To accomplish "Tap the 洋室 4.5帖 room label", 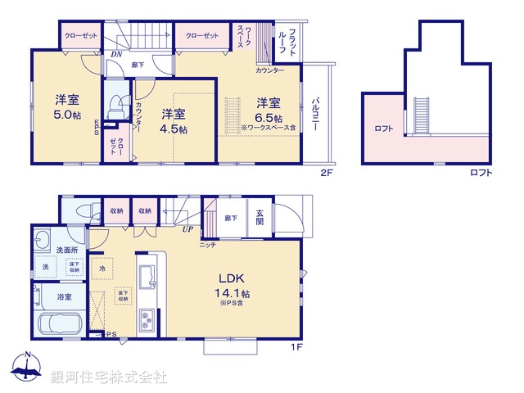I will [173, 121].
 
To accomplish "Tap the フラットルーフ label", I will [287, 41].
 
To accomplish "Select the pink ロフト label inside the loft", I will [384, 128].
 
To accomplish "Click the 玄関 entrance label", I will [260, 217].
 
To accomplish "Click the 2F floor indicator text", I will [326, 173].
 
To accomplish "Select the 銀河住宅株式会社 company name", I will [109, 377].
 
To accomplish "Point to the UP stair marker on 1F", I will [187, 229].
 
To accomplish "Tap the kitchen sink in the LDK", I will [147, 277].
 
